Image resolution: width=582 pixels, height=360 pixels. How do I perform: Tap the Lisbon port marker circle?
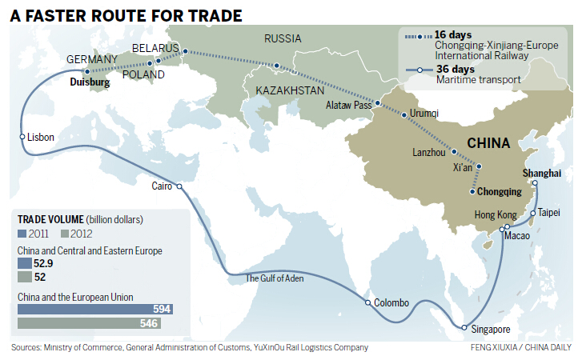pos(23,138)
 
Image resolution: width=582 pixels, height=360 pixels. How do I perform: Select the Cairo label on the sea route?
pos(163,186)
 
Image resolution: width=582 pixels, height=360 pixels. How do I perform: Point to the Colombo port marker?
pos(367,303)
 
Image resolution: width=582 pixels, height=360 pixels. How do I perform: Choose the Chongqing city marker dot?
pos(472,192)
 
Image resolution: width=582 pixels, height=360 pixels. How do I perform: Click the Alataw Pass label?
pos(350,105)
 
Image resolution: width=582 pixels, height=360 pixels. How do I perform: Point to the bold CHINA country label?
pos(488,143)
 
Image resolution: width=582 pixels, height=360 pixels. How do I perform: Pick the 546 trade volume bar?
pos(88,324)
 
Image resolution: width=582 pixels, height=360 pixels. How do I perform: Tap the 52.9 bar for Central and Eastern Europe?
pos(23,262)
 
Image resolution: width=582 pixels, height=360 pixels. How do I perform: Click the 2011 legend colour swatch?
pos(22,233)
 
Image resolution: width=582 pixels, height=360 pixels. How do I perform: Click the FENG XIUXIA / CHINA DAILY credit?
pos(520,349)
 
